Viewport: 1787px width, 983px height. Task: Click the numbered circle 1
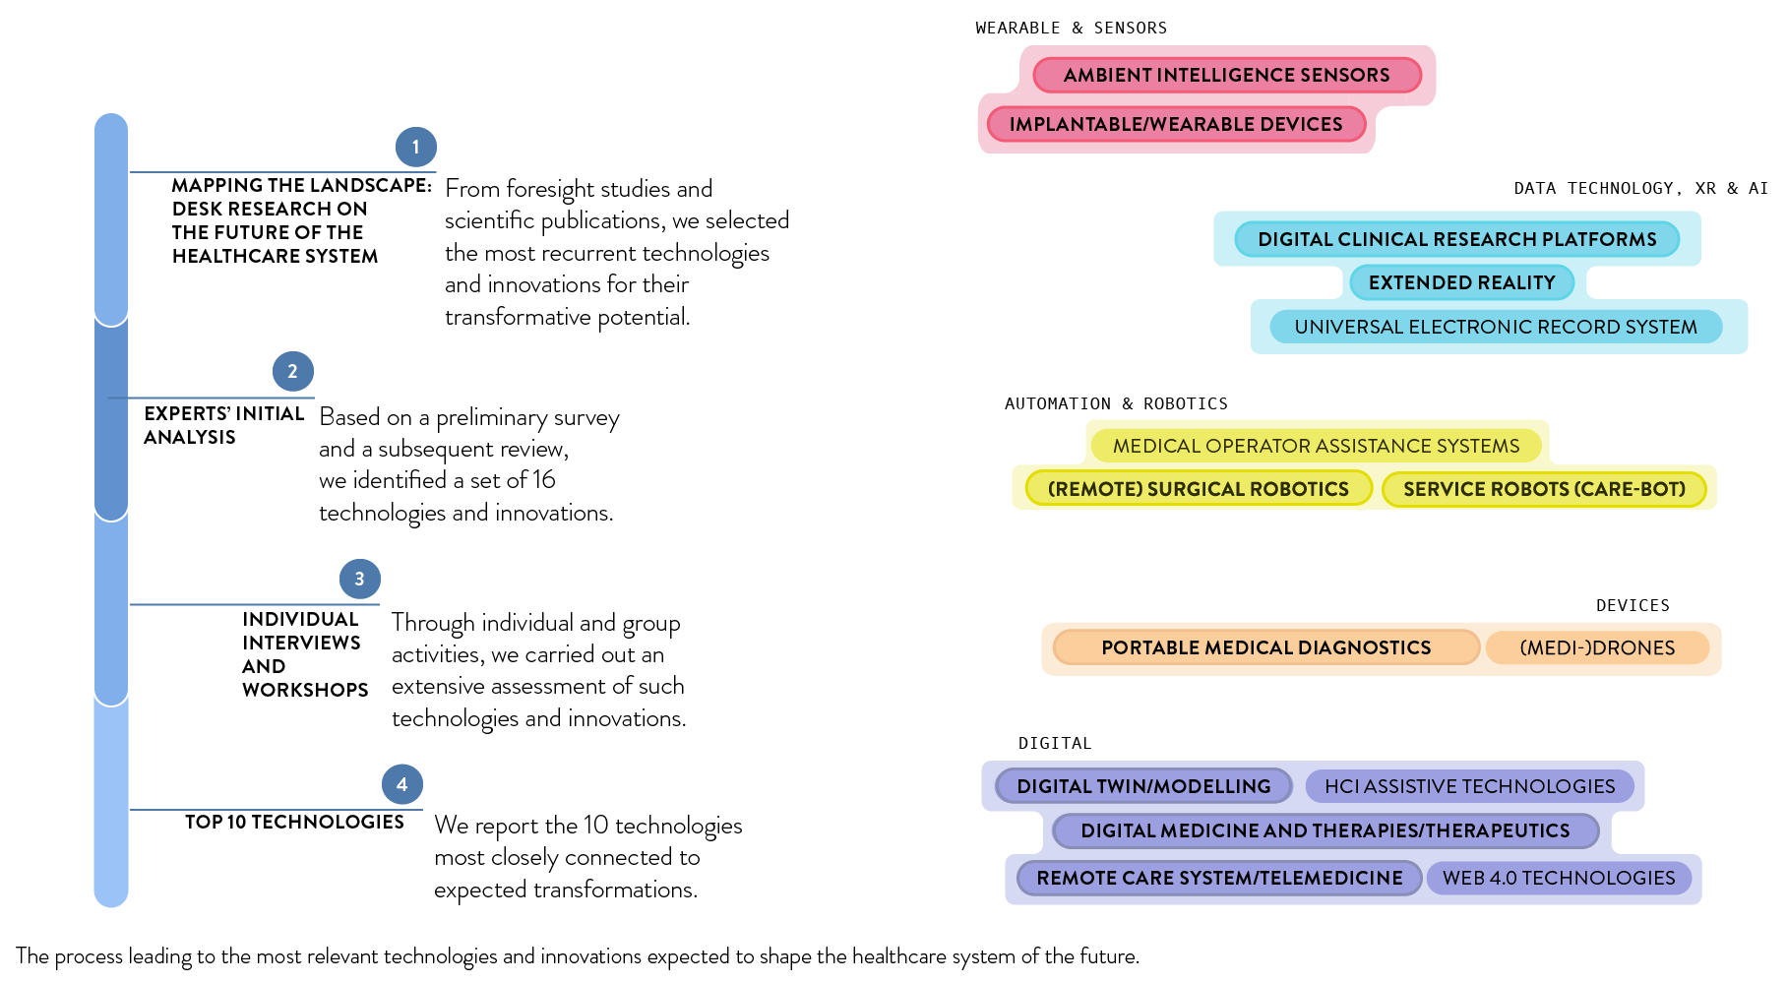click(415, 147)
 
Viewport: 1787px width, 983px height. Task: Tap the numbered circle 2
click(292, 371)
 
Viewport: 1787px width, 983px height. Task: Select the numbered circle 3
click(359, 579)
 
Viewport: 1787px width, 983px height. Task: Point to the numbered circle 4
click(401, 784)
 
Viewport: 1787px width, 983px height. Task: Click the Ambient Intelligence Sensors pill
click(1226, 75)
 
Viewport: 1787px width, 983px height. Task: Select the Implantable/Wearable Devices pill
click(1175, 124)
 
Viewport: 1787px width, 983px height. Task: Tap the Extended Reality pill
click(1461, 282)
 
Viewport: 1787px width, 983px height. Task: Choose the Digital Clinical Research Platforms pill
click(1456, 239)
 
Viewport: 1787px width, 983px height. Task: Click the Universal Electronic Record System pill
click(1495, 327)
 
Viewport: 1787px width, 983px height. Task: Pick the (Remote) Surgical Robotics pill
click(1198, 489)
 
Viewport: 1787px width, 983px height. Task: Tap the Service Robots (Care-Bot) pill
click(1543, 489)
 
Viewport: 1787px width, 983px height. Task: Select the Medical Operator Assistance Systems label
click(1316, 446)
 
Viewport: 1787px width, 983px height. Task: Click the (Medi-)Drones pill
click(1596, 647)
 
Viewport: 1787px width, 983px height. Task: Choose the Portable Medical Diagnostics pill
click(1265, 647)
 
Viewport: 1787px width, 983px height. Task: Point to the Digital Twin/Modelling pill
click(1143, 786)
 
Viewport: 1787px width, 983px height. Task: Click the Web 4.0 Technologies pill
click(1558, 878)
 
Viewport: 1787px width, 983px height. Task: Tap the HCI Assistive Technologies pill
click(1469, 786)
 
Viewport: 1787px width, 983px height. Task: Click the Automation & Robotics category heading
click(1116, 403)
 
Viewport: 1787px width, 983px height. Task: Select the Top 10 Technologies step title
click(294, 822)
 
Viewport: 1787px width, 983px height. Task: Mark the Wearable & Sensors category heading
click(1071, 28)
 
